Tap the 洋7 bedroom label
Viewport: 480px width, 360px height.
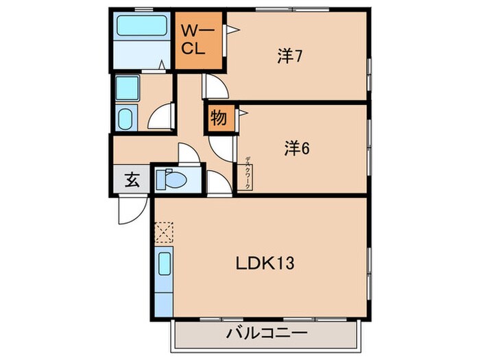pyautogui.click(x=291, y=57)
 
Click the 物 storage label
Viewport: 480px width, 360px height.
pyautogui.click(x=219, y=118)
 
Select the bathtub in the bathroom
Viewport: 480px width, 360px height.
pyautogui.click(x=142, y=27)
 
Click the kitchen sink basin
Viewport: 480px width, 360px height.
pyautogui.click(x=165, y=264)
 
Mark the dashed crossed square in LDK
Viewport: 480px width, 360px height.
pyautogui.click(x=165, y=233)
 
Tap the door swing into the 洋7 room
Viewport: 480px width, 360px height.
pyautogui.click(x=214, y=86)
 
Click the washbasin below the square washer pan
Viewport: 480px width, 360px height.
pyautogui.click(x=126, y=119)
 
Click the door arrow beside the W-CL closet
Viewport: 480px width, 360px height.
pyautogui.click(x=232, y=29)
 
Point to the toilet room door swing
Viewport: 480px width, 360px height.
pyautogui.click(x=189, y=154)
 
